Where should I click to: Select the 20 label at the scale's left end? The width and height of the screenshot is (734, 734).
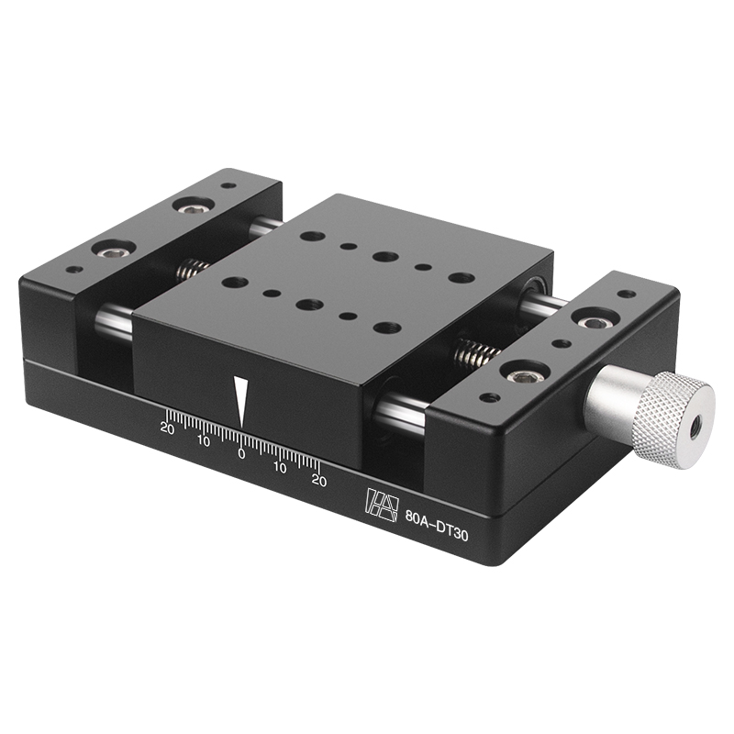point(167,427)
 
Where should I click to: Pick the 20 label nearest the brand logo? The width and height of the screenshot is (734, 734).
point(318,479)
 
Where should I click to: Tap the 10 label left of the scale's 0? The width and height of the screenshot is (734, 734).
point(204,440)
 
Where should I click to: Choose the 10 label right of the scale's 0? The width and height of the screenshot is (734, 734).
point(280,466)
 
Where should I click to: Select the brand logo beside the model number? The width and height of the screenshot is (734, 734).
point(380,502)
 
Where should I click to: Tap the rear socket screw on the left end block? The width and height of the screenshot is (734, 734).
point(195,206)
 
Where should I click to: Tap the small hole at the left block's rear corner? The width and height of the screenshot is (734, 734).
point(228,186)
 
